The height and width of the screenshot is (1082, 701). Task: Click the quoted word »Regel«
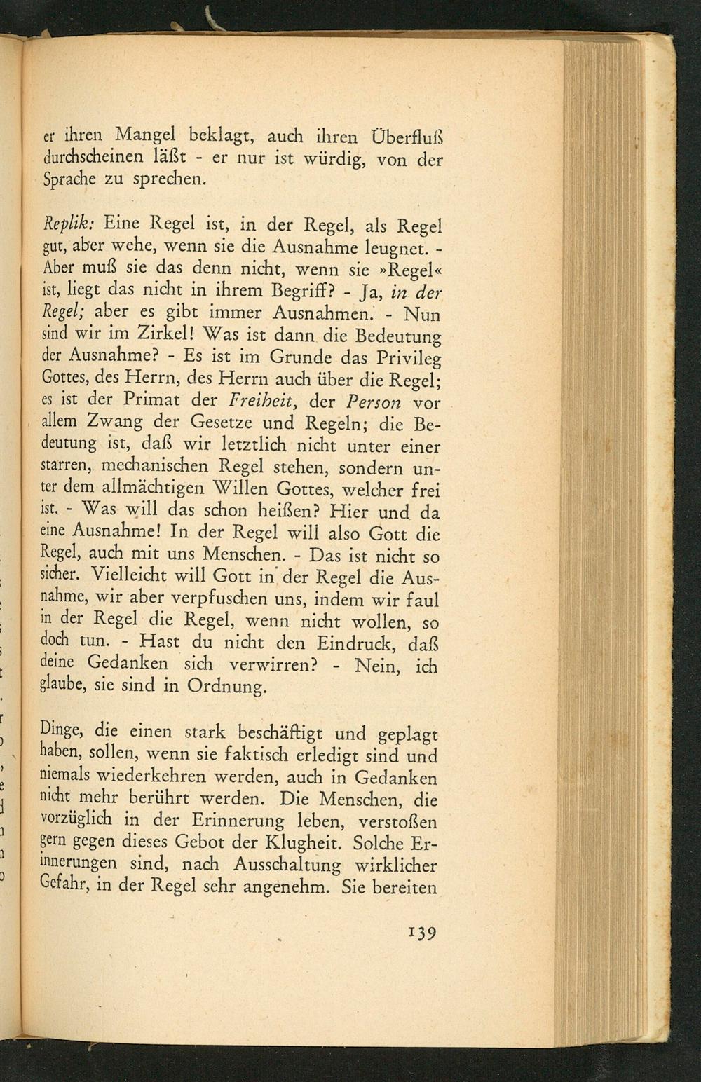(408, 270)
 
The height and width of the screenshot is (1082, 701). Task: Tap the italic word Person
(374, 403)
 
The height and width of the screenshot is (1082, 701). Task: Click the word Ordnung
(227, 687)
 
